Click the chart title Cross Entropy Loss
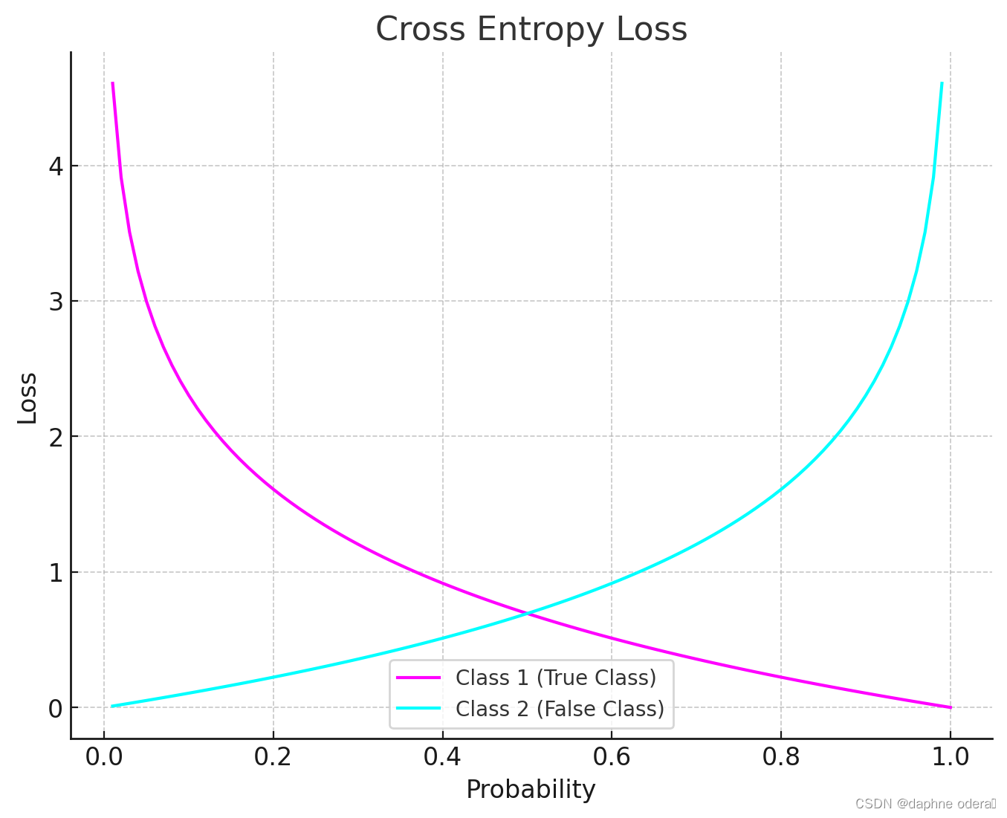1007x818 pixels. [531, 30]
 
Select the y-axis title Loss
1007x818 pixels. [27, 397]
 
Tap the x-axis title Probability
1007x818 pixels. [531, 789]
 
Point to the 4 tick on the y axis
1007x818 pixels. [56, 166]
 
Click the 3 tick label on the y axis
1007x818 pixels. [56, 301]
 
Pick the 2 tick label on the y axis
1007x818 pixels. [56, 437]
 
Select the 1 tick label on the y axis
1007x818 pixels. [56, 572]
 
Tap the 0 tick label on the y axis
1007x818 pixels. [56, 708]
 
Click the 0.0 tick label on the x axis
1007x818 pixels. [104, 756]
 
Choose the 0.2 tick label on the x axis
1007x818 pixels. [273, 756]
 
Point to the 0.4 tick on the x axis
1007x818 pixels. [443, 756]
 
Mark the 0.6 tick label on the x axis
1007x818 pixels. [612, 756]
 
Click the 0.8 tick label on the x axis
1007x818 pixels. [781, 756]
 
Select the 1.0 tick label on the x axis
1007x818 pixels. [951, 756]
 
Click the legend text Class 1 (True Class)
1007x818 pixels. [556, 678]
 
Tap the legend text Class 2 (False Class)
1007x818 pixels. [560, 709]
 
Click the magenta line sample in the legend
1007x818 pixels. [418, 678]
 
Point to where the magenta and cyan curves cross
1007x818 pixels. [527, 613]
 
